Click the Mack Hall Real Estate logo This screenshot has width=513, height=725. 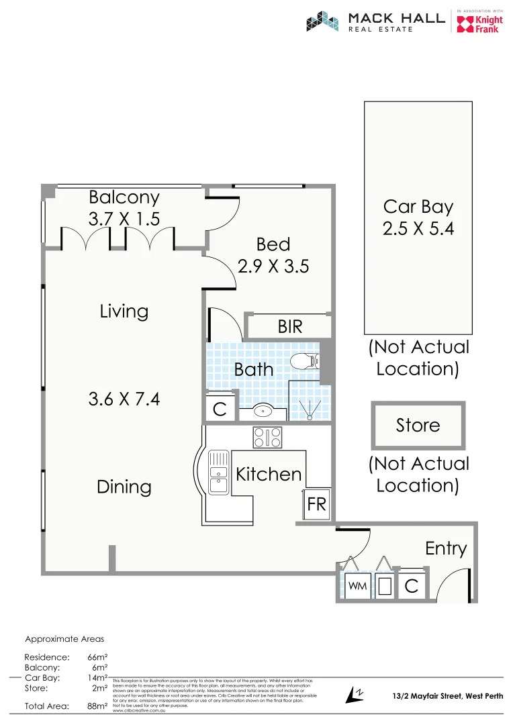(375, 21)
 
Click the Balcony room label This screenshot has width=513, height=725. (124, 197)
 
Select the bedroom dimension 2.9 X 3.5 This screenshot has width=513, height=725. (273, 267)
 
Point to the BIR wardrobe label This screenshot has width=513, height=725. (290, 327)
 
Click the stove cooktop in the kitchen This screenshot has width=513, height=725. (267, 438)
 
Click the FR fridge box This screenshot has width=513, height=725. (316, 504)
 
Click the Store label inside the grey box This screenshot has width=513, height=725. (418, 426)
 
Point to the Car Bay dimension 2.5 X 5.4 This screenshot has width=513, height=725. (418, 228)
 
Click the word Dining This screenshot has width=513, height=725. (124, 487)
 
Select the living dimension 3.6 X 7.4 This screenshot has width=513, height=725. (124, 399)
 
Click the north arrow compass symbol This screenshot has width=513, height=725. (354, 695)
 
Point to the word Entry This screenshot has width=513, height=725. (446, 548)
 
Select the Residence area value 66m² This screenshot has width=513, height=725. (98, 657)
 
